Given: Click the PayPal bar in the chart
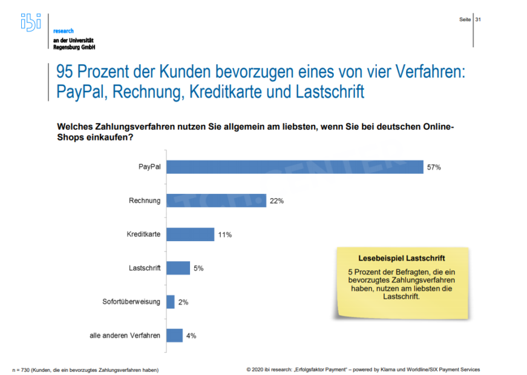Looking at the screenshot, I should coord(295,167).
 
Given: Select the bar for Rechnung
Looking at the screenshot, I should coord(216,201).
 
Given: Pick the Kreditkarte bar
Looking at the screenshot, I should coord(190,234).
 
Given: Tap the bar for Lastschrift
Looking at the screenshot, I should coord(178,268).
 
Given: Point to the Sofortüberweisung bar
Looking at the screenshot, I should coord(171,301).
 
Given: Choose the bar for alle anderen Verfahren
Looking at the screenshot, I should coord(174,335).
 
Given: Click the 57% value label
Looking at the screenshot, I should coord(433,167).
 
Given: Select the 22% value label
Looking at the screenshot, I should coord(277,201).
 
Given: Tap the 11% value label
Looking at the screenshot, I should coord(225,234).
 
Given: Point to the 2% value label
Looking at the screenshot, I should coord(183,302).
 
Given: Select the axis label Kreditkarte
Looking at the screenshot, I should coord(145,234).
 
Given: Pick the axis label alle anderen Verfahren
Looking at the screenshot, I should coord(125,335).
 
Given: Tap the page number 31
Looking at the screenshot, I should coord(478,19).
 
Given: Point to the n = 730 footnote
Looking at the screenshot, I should coord(85,370).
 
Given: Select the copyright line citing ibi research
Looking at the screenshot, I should coord(363,370).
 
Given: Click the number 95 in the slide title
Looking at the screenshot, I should coord(67,73).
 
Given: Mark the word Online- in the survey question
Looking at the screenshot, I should coord(434,127).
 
